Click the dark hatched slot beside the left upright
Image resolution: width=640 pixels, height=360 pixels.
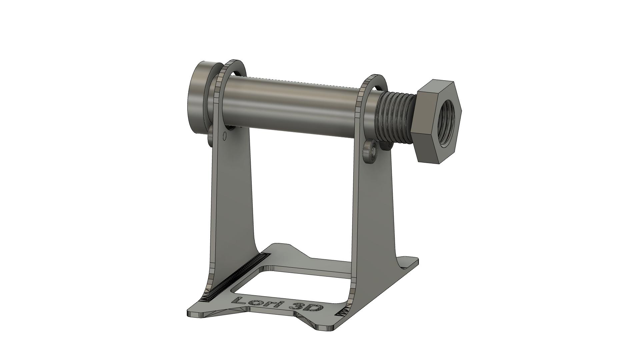(x=233, y=277)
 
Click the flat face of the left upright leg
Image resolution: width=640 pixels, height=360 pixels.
(x=233, y=200)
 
